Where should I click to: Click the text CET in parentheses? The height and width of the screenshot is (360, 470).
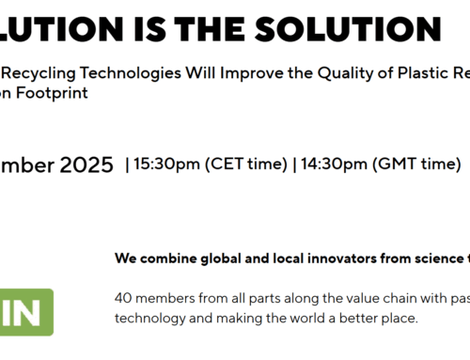pos(216,166)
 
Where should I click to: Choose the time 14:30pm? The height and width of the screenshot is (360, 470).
pos(327,166)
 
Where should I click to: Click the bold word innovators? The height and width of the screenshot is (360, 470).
pos(349,257)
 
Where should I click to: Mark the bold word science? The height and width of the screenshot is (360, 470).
pos(437,257)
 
